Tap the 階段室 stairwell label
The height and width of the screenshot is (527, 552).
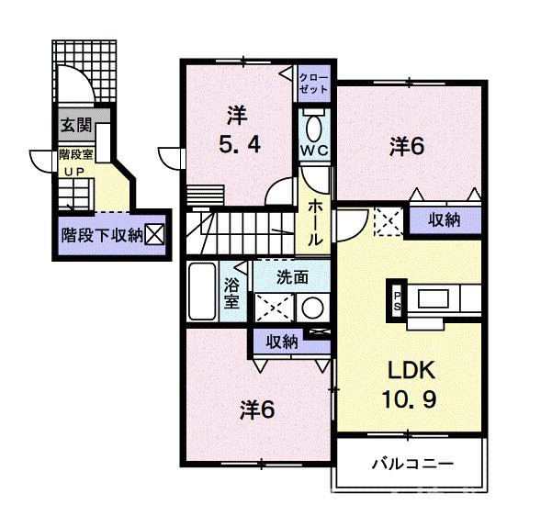tap(77, 154)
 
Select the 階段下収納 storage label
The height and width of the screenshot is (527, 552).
tap(101, 235)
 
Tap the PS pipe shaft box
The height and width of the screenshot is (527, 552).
tap(397, 300)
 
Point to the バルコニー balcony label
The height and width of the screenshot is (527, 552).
tap(411, 464)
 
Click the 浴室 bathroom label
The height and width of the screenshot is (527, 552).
tap(231, 290)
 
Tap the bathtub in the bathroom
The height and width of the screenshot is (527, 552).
tap(201, 290)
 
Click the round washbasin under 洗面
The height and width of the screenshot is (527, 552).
tap(313, 307)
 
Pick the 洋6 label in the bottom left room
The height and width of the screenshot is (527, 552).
tap(256, 409)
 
